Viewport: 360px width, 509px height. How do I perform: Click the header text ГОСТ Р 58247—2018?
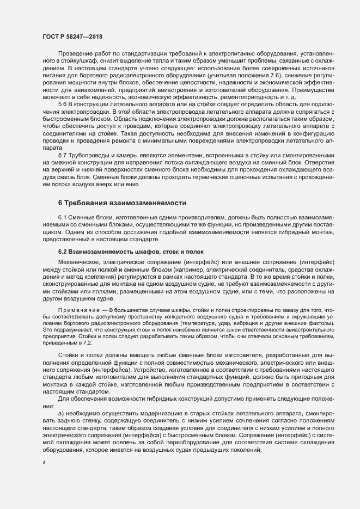tap(72, 36)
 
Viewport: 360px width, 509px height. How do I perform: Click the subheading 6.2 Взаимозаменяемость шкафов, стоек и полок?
tap(131, 252)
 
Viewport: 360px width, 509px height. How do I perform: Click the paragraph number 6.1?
tap(63, 217)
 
